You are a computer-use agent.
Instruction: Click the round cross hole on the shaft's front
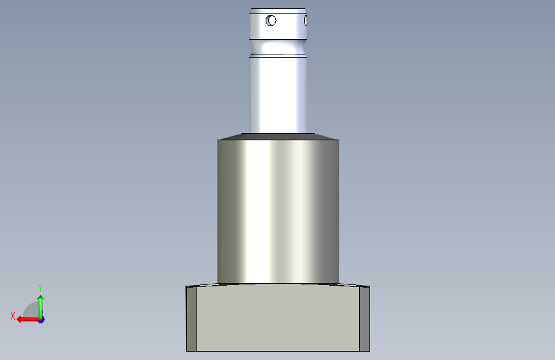coord(271,20)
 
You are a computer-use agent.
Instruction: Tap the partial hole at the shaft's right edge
coord(305,21)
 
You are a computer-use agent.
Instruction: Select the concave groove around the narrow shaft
coord(278,47)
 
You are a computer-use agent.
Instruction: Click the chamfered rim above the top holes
coord(278,11)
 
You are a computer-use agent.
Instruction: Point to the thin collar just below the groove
coord(278,56)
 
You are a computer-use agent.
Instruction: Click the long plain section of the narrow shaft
coord(278,95)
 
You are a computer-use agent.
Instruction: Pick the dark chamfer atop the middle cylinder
coord(278,137)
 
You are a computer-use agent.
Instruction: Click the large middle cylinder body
coord(278,211)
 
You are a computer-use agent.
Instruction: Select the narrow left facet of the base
coord(191,319)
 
